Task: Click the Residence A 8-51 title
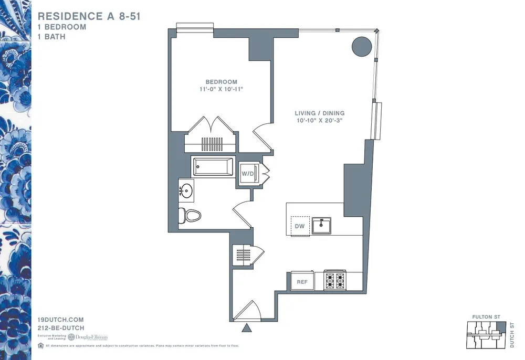(x=89, y=17)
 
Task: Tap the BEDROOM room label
(x=221, y=82)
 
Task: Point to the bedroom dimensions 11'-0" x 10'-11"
(x=221, y=90)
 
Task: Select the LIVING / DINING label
(x=319, y=113)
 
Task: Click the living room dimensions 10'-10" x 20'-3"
(x=319, y=121)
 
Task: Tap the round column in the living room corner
(x=361, y=47)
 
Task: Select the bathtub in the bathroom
(x=213, y=167)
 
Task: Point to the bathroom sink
(x=186, y=189)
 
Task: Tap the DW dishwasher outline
(x=299, y=226)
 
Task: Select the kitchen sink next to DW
(x=321, y=226)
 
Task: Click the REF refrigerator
(x=302, y=282)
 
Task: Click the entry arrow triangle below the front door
(x=246, y=329)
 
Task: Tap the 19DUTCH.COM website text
(x=61, y=320)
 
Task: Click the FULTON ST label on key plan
(x=482, y=317)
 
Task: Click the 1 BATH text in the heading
(x=51, y=37)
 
